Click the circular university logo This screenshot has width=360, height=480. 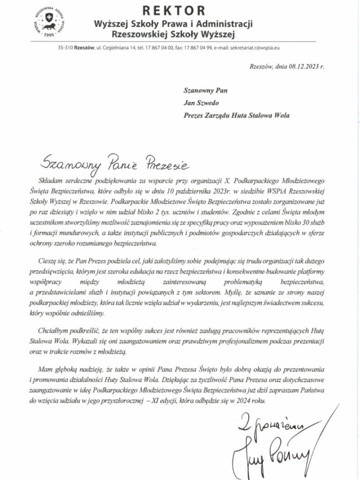[x=48, y=22]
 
